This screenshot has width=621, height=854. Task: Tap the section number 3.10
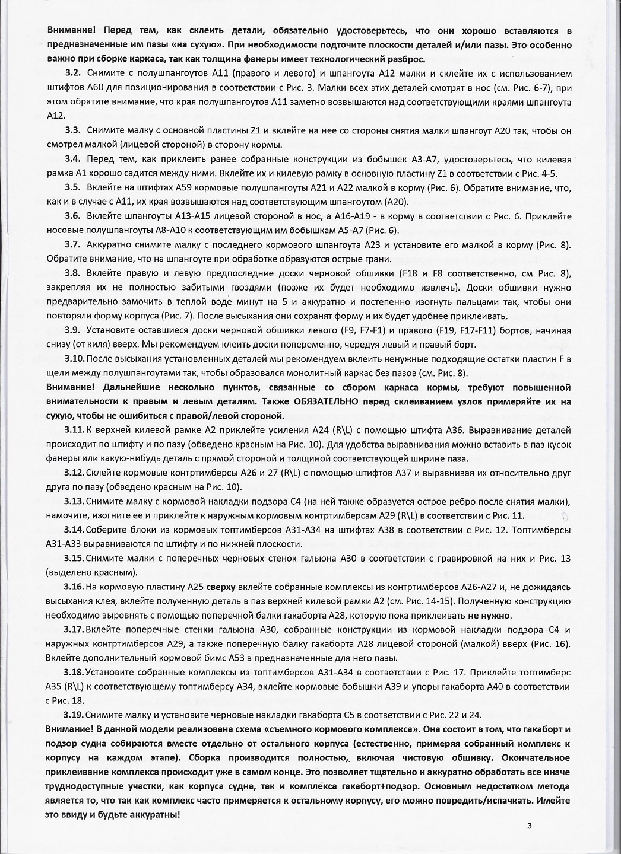coord(76,359)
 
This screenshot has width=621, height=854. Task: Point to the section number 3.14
coord(76,530)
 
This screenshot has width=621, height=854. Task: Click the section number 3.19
coord(76,715)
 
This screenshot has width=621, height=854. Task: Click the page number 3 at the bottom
coord(528,826)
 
